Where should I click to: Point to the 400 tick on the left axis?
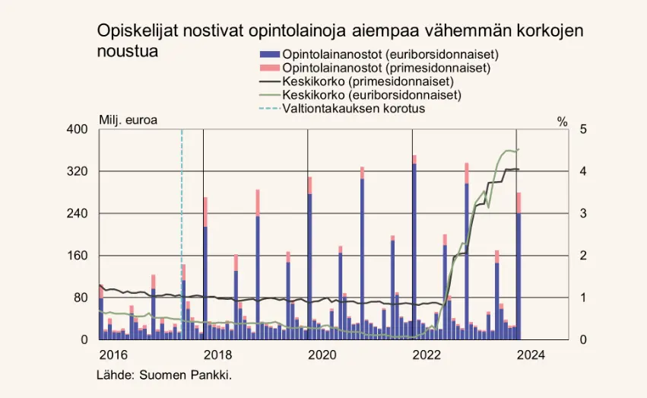pyautogui.click(x=79, y=129)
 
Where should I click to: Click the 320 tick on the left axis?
pyautogui.click(x=79, y=172)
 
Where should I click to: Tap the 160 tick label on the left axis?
pyautogui.click(x=79, y=256)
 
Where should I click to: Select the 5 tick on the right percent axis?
pyautogui.click(x=582, y=129)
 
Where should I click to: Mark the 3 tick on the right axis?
pyautogui.click(x=582, y=214)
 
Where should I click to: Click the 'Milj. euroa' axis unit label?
pyautogui.click(x=128, y=120)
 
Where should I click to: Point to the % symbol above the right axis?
pyautogui.click(x=563, y=121)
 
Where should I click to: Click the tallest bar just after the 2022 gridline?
pyautogui.click(x=414, y=251)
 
